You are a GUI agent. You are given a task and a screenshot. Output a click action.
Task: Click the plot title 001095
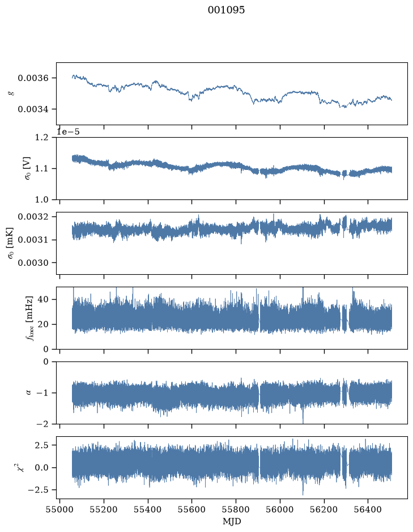point(226,10)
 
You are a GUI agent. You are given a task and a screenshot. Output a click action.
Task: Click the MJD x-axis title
point(232,521)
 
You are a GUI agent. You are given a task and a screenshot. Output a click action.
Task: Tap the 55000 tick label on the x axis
point(59,509)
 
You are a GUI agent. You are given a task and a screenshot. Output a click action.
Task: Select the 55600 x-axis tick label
point(191,509)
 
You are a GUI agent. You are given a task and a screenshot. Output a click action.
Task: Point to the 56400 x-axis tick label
point(368,509)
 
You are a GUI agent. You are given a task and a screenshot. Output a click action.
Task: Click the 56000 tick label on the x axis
point(280,509)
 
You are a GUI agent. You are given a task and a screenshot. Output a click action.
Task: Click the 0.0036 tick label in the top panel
point(33,78)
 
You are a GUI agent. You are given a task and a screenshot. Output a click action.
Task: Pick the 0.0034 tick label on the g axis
point(33,109)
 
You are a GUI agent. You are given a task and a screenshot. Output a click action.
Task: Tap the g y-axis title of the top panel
point(12,92)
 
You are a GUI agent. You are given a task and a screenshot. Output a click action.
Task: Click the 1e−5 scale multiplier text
point(68,132)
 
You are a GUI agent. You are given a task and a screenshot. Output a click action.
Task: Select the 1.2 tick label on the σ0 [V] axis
point(41,138)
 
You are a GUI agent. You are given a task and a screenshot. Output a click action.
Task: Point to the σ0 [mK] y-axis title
point(11,243)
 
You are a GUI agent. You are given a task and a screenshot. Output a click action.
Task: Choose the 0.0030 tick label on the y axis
point(33,263)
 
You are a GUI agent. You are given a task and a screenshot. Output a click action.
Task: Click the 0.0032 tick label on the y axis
point(33,216)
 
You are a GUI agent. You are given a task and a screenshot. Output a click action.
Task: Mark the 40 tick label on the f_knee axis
point(44,299)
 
